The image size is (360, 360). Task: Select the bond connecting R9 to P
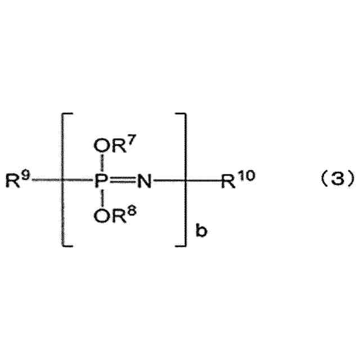click(x=62, y=182)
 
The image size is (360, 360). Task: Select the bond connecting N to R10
click(x=186, y=182)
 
